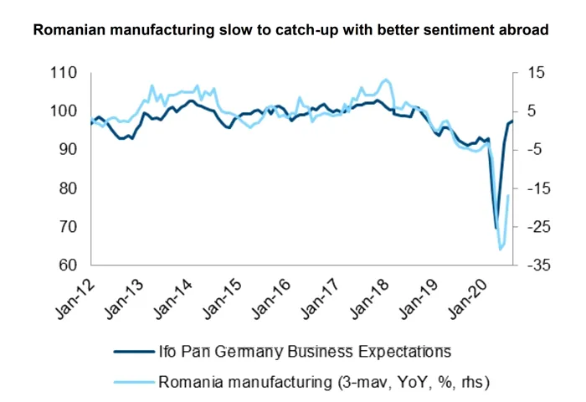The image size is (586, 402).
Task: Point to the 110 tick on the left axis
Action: coord(64,73)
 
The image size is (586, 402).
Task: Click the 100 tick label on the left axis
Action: coord(64,111)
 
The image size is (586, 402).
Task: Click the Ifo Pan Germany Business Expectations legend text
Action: coord(305,350)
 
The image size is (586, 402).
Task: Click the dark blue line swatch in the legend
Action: coord(132,350)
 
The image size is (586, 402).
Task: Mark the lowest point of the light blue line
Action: coord(501,249)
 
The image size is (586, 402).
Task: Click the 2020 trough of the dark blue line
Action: coord(496,228)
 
